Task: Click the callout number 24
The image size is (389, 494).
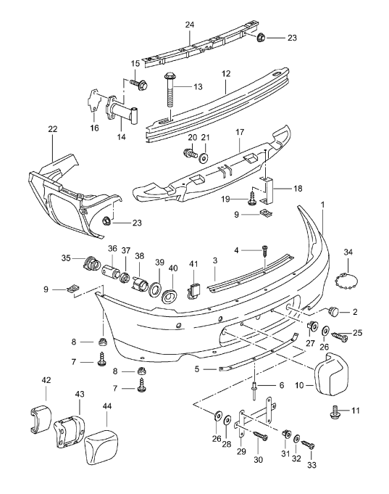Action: pos(190,25)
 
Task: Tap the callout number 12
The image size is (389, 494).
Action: pos(225,73)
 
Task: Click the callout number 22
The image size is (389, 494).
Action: pos(52,129)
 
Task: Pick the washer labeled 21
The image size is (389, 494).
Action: pos(204,157)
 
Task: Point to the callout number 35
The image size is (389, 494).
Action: pos(66,257)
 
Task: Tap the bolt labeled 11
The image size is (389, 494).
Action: pos(336,411)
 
